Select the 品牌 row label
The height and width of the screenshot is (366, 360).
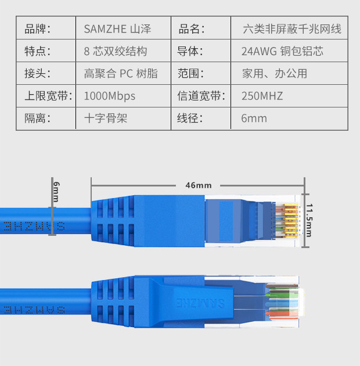pos(38,28)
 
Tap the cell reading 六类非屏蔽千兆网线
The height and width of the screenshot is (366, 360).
pos(292,28)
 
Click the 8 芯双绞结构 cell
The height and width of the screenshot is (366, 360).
pos(115,51)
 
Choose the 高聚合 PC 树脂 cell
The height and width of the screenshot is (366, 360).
pos(120,74)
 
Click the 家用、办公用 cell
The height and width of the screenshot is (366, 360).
pos(274,74)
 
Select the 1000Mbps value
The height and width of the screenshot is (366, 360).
pos(109,96)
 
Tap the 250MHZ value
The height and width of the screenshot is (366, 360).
pos(262,96)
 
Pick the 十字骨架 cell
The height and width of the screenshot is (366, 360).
pos(105,119)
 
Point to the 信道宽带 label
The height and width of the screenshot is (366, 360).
pos(201,96)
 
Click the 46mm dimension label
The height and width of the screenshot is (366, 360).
pos(199,185)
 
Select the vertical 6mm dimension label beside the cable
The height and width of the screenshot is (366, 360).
pos(56,191)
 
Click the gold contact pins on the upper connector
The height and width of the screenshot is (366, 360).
pos(288,221)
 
